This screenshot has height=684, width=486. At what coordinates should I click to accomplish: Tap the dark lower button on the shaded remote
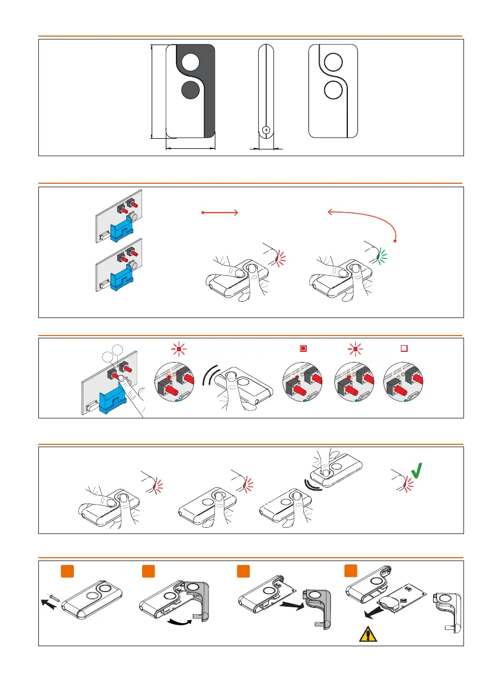click(191, 90)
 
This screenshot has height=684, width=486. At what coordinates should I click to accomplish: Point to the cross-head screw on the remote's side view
click(267, 130)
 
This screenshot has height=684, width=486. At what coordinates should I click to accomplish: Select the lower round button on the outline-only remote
click(334, 90)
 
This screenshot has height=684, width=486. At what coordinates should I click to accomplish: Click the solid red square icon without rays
click(303, 348)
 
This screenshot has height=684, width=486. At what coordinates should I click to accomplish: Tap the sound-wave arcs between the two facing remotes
click(309, 484)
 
